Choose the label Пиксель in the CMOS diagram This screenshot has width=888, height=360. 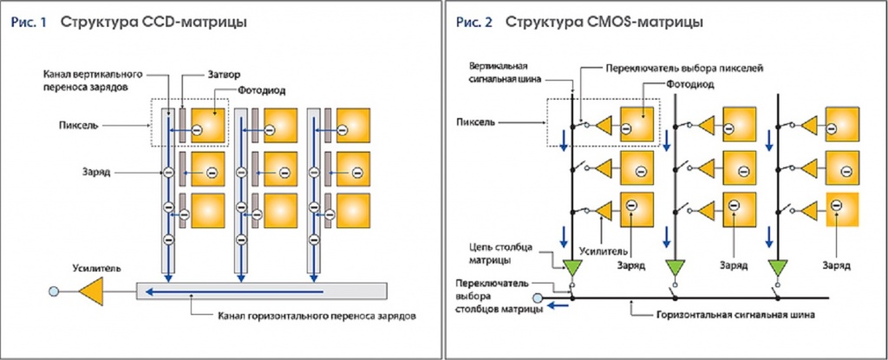(476, 122)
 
